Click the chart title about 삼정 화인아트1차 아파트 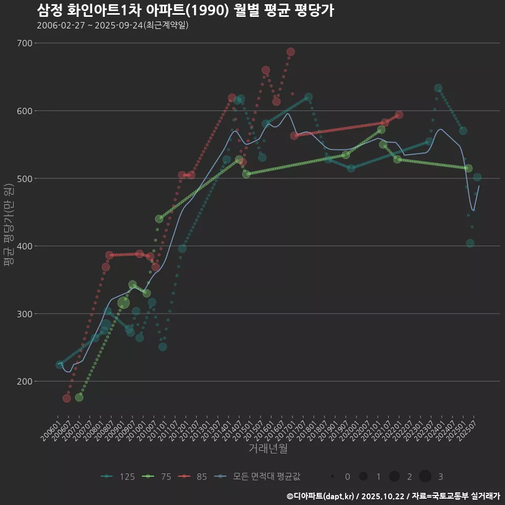[x=185, y=11]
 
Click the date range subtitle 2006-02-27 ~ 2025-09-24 [x=113, y=25]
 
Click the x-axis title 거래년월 [x=268, y=449]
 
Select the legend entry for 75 [x=158, y=477]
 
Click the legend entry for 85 [x=194, y=477]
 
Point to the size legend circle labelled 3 [x=426, y=477]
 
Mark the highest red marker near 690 [x=290, y=52]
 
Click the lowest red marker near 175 [x=67, y=398]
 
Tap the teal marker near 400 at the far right [x=470, y=243]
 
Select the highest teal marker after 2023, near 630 [x=438, y=88]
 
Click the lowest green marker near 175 [x=79, y=397]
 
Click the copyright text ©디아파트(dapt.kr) [x=321, y=496]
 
